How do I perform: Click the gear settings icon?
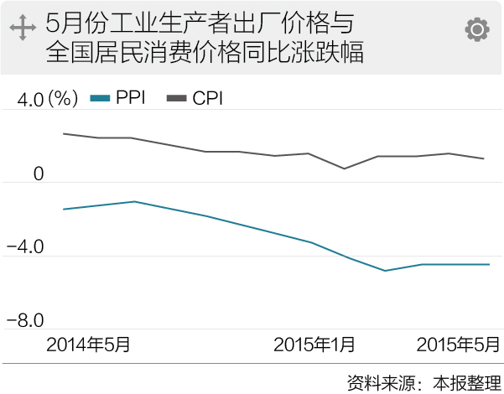coord(477,30)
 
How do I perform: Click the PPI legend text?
coord(132,99)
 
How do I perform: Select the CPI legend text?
coord(207,99)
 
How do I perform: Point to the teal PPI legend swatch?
coord(100,99)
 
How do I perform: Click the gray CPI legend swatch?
coord(176,99)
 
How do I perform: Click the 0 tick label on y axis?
coord(38,174)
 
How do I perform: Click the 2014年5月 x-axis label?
coord(89,344)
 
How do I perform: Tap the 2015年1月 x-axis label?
coord(314,344)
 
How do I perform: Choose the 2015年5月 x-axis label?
coord(458,344)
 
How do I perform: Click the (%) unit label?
coord(62,100)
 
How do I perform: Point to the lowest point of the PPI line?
coord(385,271)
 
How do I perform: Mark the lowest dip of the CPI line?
coord(344,168)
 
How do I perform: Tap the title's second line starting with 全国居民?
coord(205,51)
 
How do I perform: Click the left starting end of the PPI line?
coord(64,209)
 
